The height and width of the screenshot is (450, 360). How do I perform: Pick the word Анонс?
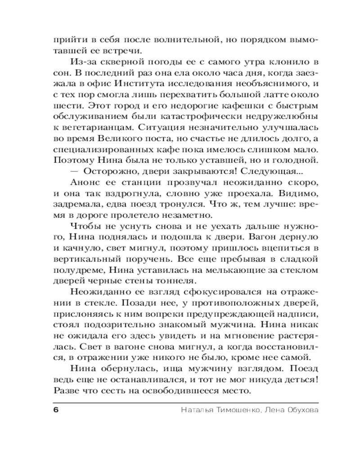(x=85, y=183)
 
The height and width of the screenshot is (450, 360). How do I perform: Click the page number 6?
(x=56, y=410)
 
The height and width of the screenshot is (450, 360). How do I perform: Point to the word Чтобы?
(x=85, y=226)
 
